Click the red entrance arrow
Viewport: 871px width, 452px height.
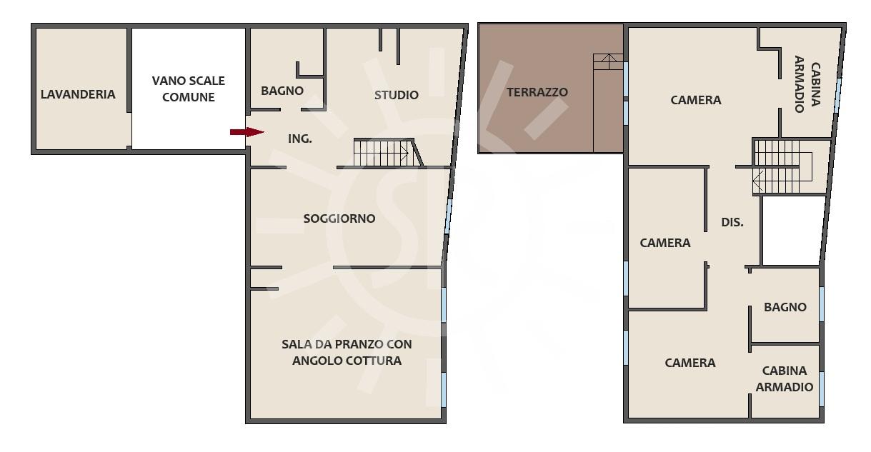(247, 132)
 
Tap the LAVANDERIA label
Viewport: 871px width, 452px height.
(78, 94)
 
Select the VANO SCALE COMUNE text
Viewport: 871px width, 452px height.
(188, 89)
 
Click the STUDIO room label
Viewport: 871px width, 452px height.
(397, 95)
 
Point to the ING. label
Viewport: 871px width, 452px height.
(300, 139)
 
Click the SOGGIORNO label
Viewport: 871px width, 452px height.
(339, 219)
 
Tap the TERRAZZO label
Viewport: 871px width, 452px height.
(537, 93)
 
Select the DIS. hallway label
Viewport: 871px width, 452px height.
(732, 222)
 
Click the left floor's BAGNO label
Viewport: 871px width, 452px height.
(282, 91)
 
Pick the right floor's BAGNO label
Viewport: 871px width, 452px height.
(785, 308)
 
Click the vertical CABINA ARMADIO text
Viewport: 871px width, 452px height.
(807, 84)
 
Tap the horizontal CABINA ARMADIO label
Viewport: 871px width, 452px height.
(785, 379)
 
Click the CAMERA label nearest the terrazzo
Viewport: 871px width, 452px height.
(696, 100)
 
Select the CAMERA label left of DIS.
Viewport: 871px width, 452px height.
(665, 243)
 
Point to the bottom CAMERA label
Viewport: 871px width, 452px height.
(690, 363)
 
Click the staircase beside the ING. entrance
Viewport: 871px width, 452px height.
(387, 153)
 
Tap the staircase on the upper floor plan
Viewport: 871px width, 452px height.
(782, 167)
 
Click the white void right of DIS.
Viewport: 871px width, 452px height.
(793, 231)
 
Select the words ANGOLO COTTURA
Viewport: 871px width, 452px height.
(347, 361)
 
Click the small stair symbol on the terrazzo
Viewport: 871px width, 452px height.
(608, 62)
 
